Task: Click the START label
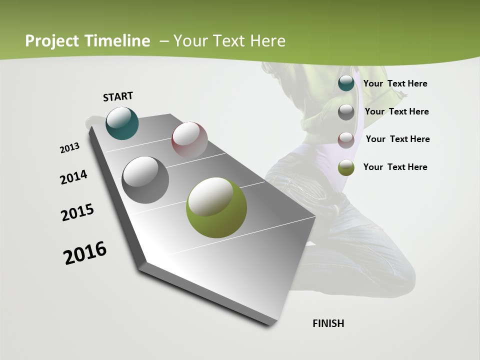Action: [x=118, y=96]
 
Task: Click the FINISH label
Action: [x=328, y=323]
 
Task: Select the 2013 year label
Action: [x=70, y=148]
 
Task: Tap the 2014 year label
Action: [x=74, y=177]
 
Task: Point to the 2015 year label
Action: [x=77, y=212]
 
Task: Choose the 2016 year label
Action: [x=85, y=253]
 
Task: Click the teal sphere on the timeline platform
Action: [x=122, y=123]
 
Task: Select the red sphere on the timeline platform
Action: [x=189, y=140]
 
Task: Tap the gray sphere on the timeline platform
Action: [x=145, y=180]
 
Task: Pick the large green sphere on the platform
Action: [x=216, y=207]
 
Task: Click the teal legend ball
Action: [x=346, y=83]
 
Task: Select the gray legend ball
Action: [x=346, y=112]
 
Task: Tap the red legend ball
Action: [x=346, y=139]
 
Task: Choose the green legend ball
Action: [x=346, y=167]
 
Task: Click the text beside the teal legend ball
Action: [x=395, y=83]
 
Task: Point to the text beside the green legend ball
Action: [x=395, y=167]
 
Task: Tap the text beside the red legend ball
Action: [x=397, y=139]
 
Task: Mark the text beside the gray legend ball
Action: [x=396, y=111]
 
